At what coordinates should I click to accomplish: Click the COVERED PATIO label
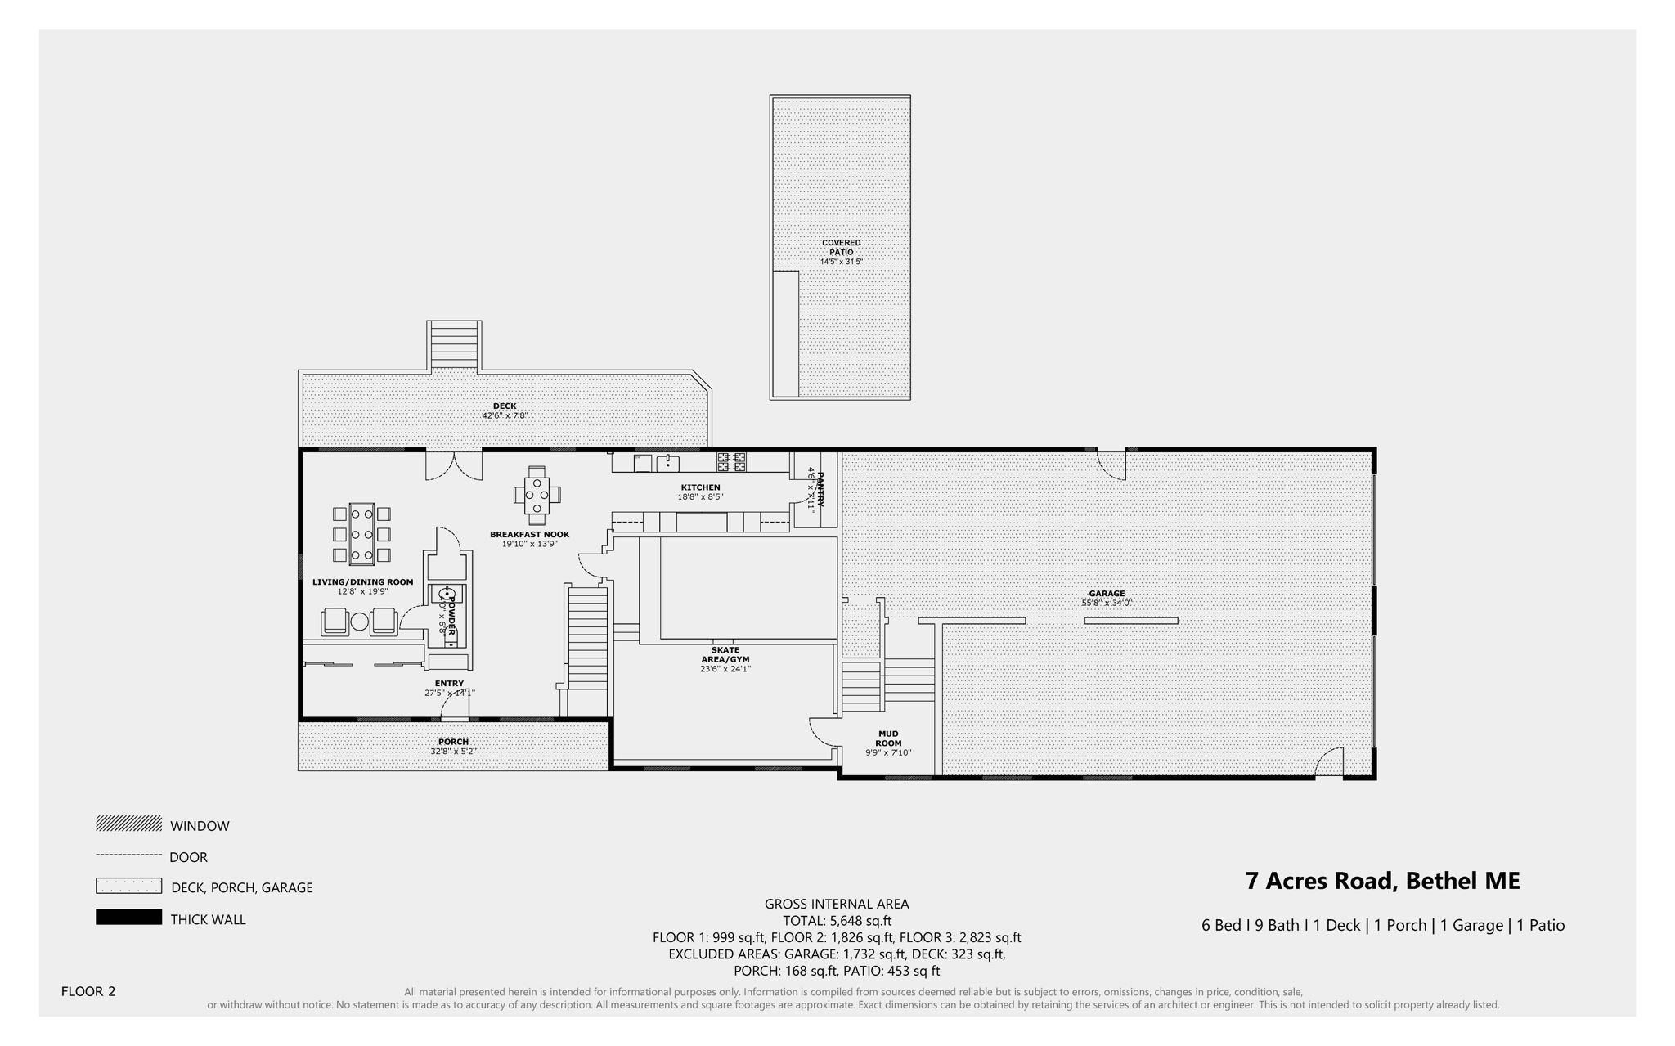841,248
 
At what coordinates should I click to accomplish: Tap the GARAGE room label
1107,594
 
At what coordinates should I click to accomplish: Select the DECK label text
505,406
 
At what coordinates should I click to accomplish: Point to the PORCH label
453,742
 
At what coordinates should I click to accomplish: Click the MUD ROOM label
888,738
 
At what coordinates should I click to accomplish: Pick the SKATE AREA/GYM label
725,655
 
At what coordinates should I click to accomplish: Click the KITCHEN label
700,487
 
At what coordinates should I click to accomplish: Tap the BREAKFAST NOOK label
529,535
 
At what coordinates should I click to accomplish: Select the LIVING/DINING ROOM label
362,582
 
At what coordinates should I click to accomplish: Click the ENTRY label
449,684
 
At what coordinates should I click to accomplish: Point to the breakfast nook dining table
537,495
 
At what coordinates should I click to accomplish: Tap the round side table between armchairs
360,622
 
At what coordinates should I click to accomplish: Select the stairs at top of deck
454,345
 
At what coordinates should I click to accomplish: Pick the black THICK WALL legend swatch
128,918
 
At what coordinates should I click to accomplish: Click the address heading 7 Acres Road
1382,881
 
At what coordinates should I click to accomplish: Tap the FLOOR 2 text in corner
88,991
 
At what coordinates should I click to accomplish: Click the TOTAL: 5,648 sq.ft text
837,921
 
